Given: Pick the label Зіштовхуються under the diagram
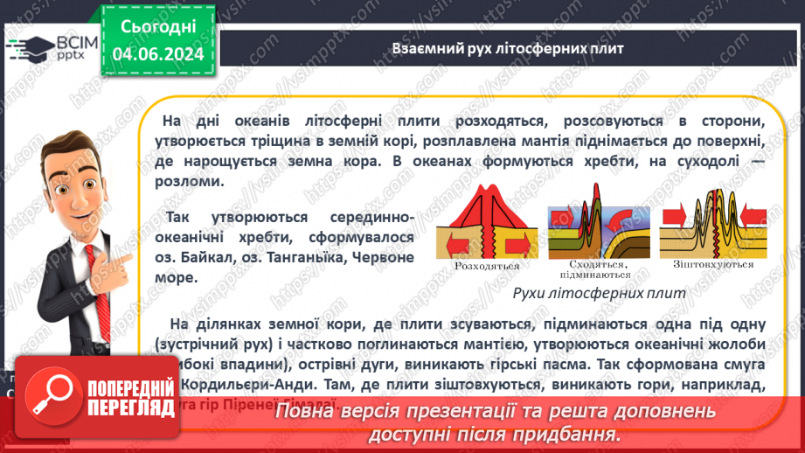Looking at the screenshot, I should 703,264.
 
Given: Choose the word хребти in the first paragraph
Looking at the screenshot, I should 623,162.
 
